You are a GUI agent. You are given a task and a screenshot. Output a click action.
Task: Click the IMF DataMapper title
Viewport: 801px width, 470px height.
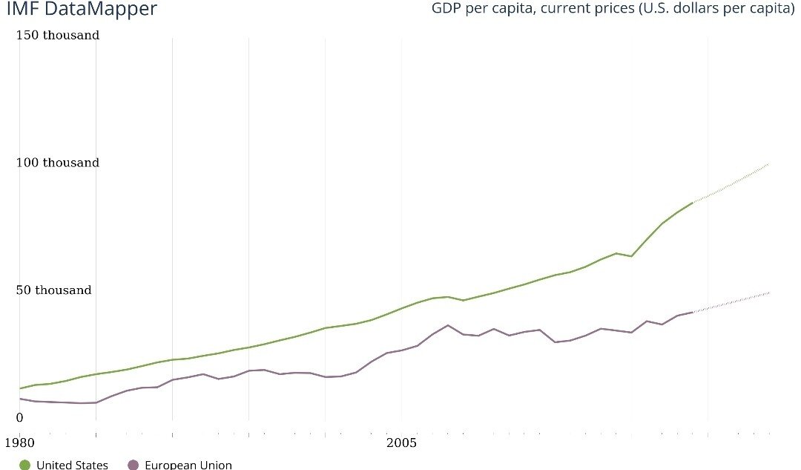tap(82, 10)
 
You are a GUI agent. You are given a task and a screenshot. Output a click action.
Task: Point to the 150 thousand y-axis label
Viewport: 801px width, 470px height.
tap(58, 35)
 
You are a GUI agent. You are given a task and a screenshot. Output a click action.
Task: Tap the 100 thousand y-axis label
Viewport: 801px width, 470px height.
tap(58, 163)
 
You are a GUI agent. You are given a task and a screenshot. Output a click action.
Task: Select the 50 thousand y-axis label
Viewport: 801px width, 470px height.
tap(54, 290)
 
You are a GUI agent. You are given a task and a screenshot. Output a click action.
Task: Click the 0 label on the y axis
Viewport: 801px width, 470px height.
tap(20, 417)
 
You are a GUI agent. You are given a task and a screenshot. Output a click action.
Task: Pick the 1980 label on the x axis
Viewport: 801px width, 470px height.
tap(19, 443)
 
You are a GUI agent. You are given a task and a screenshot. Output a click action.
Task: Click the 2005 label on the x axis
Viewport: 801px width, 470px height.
tap(401, 443)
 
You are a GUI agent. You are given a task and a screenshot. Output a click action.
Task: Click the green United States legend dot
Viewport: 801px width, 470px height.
tap(24, 465)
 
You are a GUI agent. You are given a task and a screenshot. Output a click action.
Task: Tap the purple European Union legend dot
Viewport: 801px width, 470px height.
tap(133, 465)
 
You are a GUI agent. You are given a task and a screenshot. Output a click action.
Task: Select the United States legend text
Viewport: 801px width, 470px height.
tap(72, 465)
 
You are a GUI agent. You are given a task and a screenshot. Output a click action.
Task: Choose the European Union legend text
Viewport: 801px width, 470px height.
tap(188, 465)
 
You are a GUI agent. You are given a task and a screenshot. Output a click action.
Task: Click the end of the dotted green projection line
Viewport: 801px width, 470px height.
tap(769, 163)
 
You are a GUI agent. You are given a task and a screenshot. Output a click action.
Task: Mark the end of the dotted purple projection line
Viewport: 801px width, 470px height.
tap(769, 293)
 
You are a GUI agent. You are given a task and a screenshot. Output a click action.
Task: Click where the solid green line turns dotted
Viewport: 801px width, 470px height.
tap(693, 202)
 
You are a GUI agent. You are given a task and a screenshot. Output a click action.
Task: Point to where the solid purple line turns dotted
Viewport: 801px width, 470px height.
tap(693, 312)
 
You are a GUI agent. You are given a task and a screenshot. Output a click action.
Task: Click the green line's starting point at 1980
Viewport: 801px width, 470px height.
tap(19, 388)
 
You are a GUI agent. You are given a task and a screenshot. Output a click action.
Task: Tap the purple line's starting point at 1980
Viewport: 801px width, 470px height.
tap(19, 399)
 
